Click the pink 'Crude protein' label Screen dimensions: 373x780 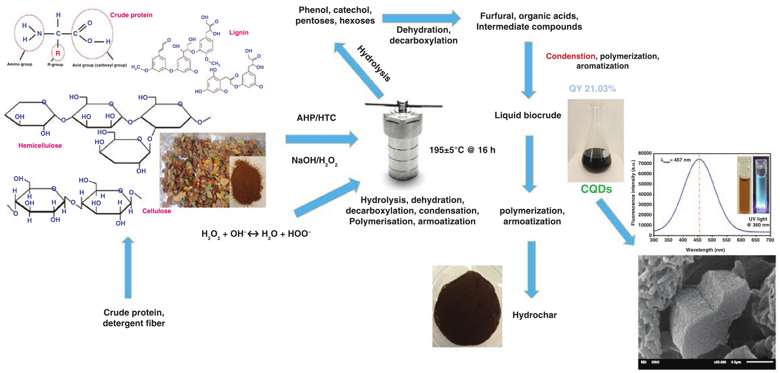(x=131, y=15)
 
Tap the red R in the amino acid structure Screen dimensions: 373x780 (x=58, y=53)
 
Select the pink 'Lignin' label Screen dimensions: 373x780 (x=239, y=32)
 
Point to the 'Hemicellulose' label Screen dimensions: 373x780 (x=40, y=146)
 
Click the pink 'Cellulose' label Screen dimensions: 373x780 (x=157, y=211)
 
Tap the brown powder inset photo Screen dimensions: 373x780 (x=247, y=182)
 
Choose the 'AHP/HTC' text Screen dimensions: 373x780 (x=316, y=118)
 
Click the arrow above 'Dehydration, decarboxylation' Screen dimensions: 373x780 (x=421, y=18)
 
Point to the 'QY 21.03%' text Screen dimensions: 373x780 (x=592, y=88)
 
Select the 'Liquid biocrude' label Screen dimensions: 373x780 (x=528, y=115)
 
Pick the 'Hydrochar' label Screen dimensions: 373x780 (x=535, y=315)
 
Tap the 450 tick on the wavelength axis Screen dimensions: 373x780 (x=697, y=240)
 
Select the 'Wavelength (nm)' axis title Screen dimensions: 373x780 (x=705, y=250)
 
